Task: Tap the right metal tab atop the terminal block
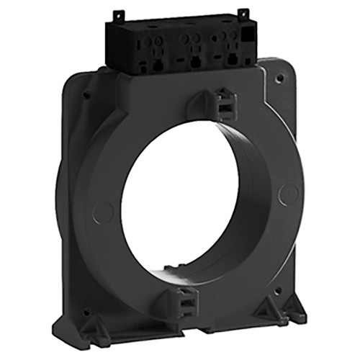click(x=243, y=14)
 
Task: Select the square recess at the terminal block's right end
click(x=246, y=35)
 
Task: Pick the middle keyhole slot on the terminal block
click(x=193, y=63)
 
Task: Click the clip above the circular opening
click(x=223, y=104)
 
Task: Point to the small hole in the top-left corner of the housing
click(x=86, y=94)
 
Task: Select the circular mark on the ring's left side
click(x=103, y=211)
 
